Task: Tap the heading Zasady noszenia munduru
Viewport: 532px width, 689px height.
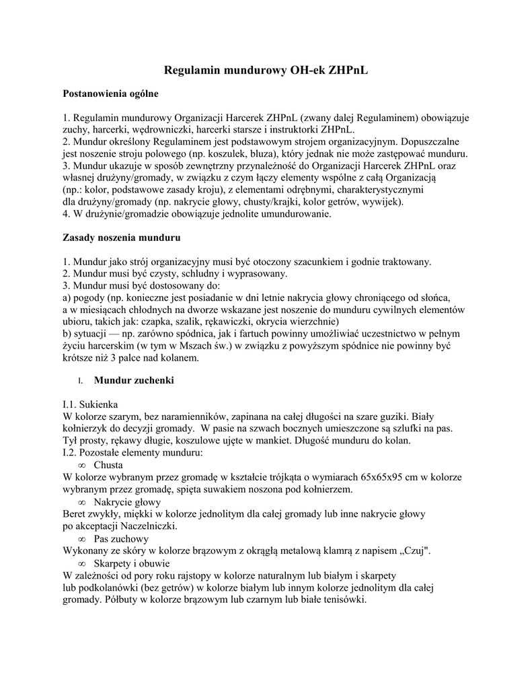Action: (121, 238)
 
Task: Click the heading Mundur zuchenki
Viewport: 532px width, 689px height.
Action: (134, 381)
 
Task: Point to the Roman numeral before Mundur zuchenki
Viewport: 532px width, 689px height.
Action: (80, 382)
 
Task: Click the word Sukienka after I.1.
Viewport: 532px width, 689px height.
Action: (99, 404)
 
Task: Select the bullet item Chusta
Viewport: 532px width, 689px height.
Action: (107, 465)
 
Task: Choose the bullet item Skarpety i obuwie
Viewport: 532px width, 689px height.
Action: (131, 563)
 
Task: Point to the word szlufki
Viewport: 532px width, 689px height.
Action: (400, 429)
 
